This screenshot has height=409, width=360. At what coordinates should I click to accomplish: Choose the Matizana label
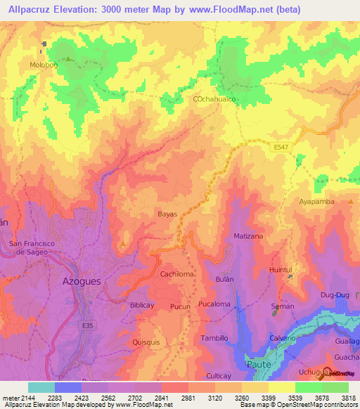(x=248, y=236)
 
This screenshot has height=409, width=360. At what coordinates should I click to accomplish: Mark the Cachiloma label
(x=177, y=274)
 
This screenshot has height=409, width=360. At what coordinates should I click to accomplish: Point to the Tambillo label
(x=215, y=338)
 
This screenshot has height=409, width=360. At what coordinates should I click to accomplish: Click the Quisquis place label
(x=146, y=342)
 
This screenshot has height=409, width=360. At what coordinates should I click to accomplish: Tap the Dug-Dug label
(x=334, y=297)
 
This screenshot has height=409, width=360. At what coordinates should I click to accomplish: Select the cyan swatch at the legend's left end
(x=41, y=387)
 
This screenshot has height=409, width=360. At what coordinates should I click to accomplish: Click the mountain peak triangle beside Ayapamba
(x=349, y=201)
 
